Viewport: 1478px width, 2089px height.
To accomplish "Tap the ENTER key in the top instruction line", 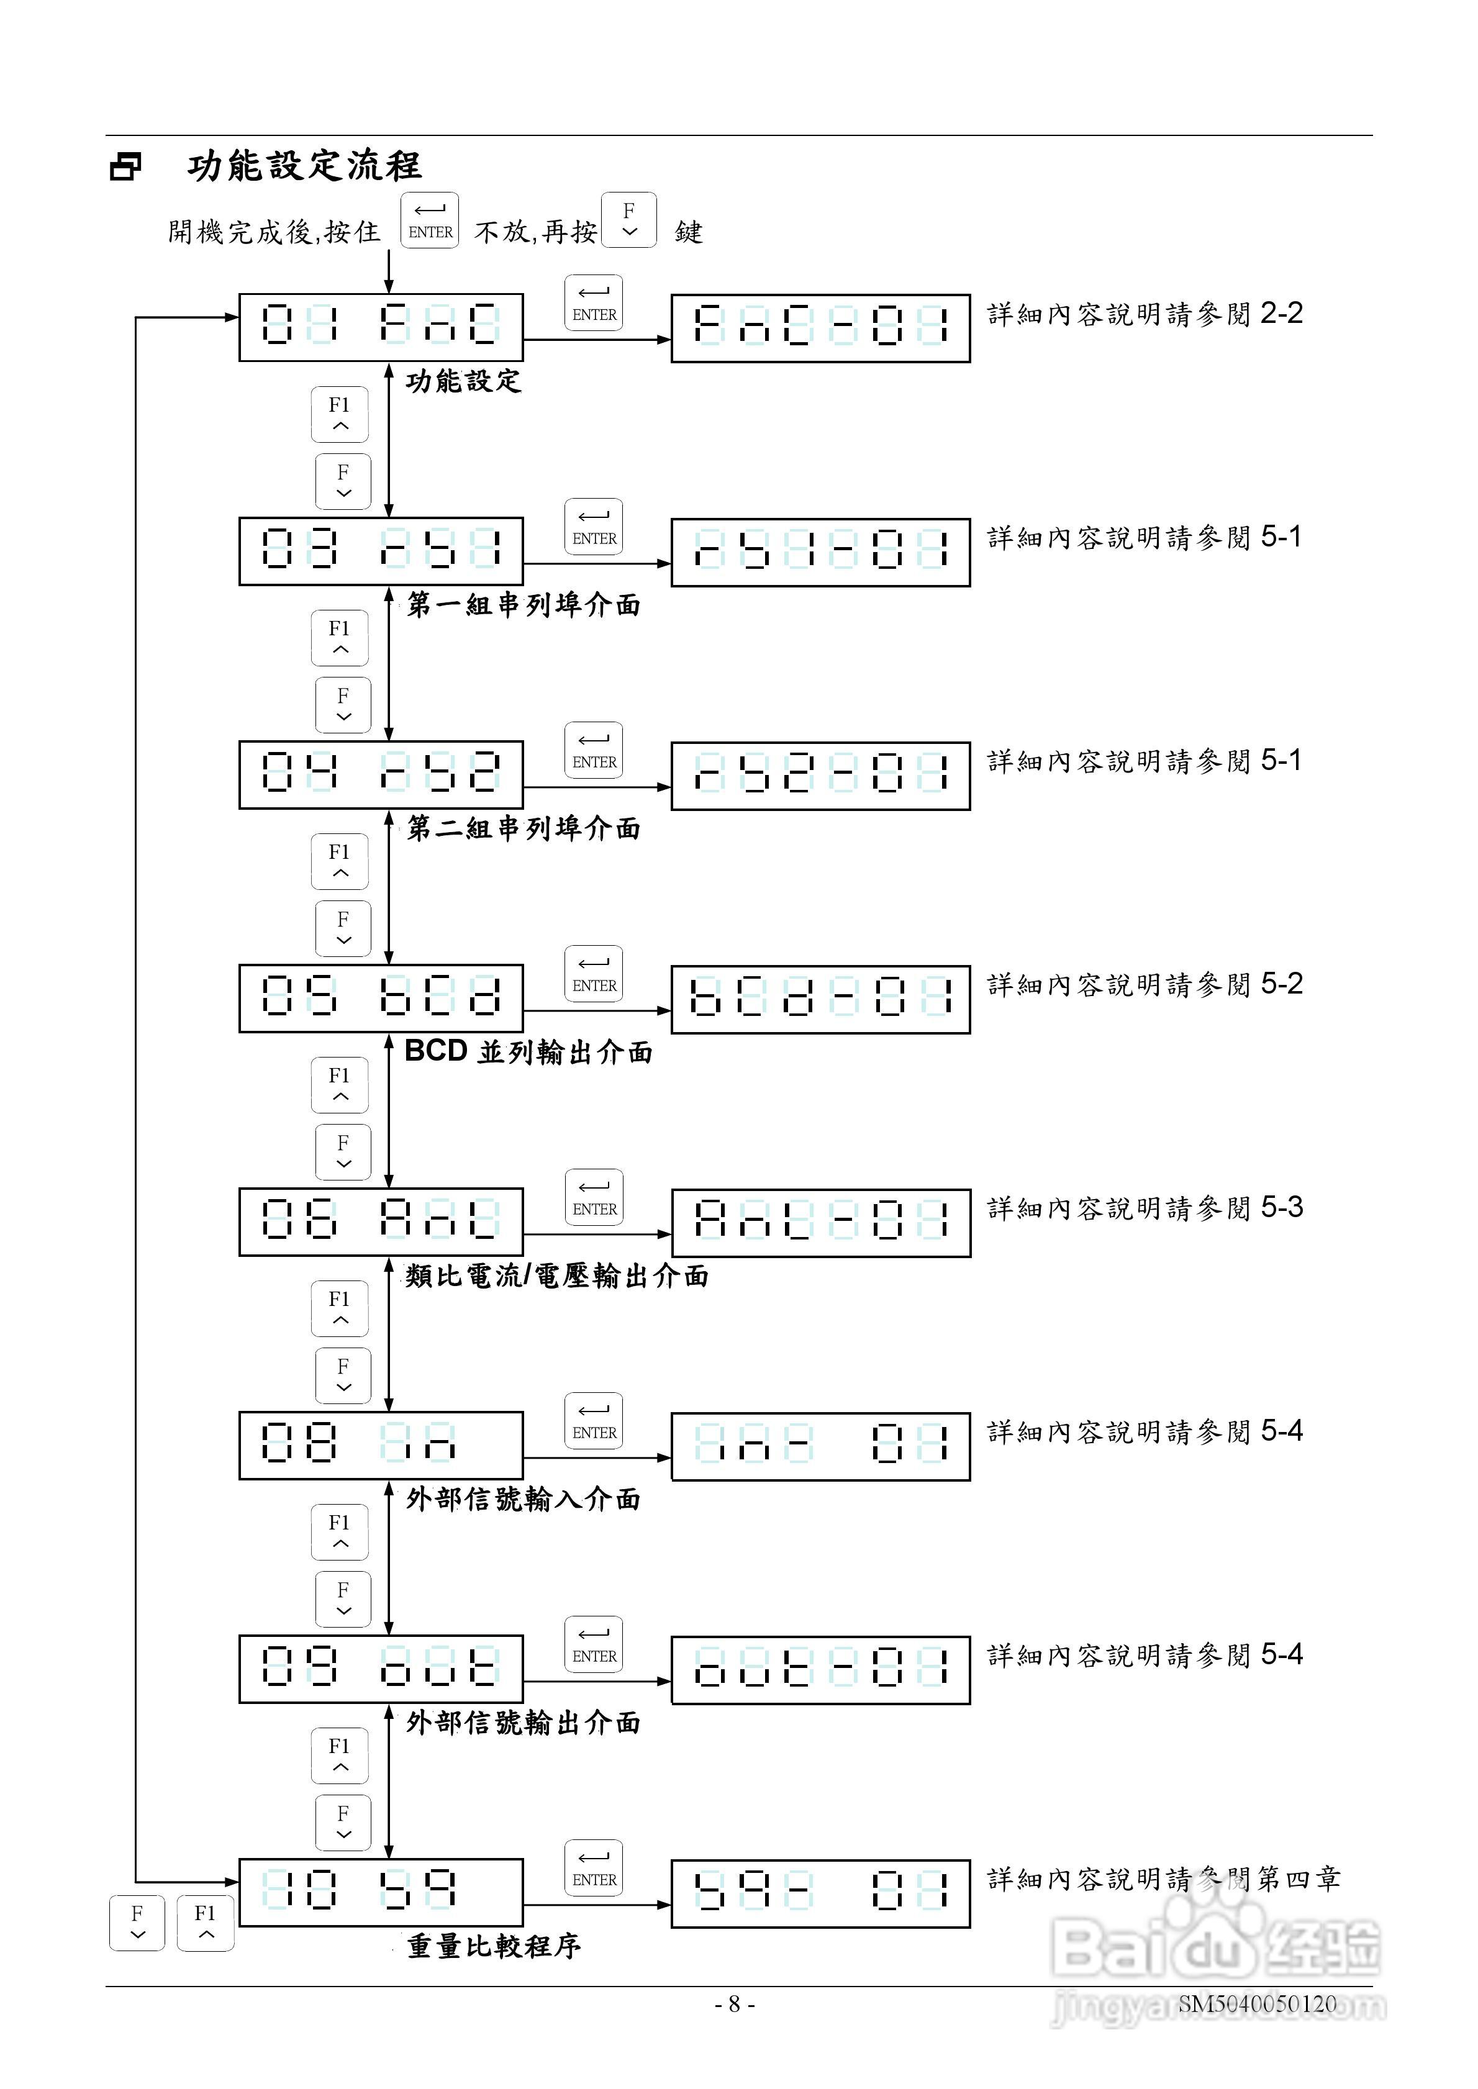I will coord(430,220).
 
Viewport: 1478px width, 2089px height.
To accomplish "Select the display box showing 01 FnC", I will coord(381,327).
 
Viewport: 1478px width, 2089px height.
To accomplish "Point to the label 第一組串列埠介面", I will coord(524,605).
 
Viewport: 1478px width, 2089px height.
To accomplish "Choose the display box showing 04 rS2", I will coord(381,775).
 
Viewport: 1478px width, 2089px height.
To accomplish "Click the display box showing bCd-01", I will coord(820,999).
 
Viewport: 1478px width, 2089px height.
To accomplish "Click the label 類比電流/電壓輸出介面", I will coord(556,1276).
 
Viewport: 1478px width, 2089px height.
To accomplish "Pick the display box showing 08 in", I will coord(381,1446).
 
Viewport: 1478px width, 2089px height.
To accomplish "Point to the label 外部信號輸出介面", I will coord(524,1723).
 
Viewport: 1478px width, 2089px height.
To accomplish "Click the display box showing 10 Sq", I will coord(381,1893).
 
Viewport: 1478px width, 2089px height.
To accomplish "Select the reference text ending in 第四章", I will coord(1163,1880).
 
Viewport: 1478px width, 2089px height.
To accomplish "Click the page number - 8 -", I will coord(735,2003).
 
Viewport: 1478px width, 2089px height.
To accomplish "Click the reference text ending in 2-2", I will coord(1145,314).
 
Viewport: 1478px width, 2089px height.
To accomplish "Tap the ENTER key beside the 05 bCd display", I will coord(594,974).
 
